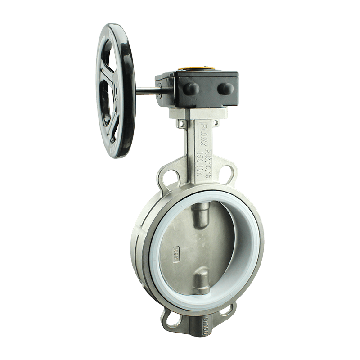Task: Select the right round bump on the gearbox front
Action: click(226, 89)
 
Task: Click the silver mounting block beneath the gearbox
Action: click(196, 112)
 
